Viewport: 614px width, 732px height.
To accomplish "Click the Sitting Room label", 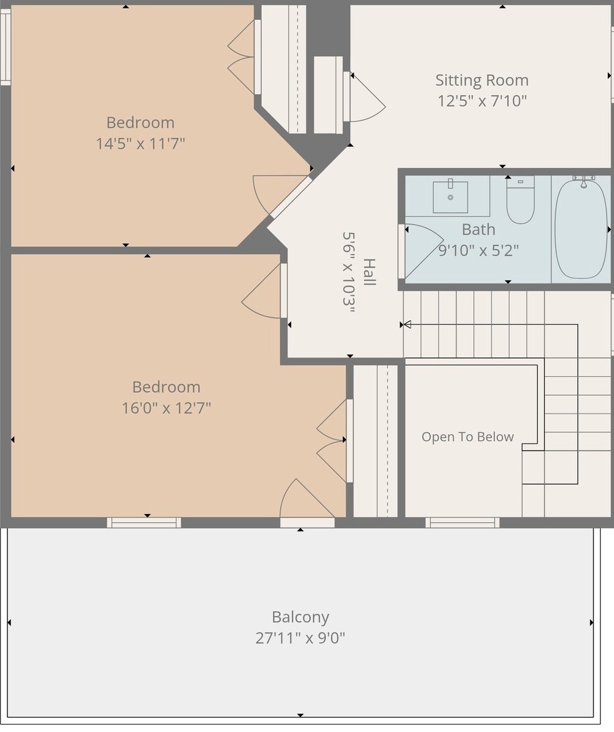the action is click(x=482, y=80).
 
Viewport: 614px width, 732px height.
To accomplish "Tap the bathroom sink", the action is click(x=450, y=197).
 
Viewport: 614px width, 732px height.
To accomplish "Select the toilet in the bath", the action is click(x=520, y=200).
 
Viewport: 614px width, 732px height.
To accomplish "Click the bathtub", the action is click(x=581, y=229).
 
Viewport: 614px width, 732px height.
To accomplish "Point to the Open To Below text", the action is click(x=468, y=437).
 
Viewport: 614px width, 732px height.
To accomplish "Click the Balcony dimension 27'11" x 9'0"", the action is click(x=300, y=638).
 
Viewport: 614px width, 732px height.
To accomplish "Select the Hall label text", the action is click(x=369, y=272).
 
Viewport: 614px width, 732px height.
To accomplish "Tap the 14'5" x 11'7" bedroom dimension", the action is click(x=140, y=143).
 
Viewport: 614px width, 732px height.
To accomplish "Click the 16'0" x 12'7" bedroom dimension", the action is click(x=166, y=408).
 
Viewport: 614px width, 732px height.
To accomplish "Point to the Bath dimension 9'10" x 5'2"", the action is click(x=479, y=250).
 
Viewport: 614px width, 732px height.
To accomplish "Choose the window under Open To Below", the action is click(x=462, y=523).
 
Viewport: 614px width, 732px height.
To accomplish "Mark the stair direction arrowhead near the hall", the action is click(x=406, y=325).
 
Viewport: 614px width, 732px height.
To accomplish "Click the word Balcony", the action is click(x=300, y=617).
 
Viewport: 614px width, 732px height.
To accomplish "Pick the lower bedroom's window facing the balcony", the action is click(x=144, y=523).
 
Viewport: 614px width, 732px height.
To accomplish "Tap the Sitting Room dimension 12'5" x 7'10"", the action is click(x=482, y=101).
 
